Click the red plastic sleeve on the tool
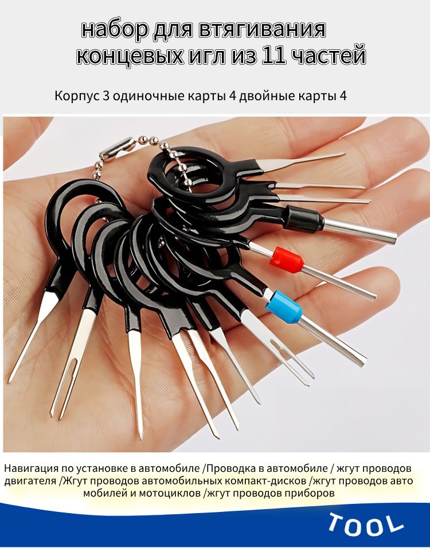click(286, 260)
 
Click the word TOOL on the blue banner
click(366, 524)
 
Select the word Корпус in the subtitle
click(77, 96)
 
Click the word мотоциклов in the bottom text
click(170, 494)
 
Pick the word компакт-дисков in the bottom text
click(265, 481)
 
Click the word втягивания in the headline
click(263, 29)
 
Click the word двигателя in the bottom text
click(30, 481)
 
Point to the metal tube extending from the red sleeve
click(339, 282)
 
